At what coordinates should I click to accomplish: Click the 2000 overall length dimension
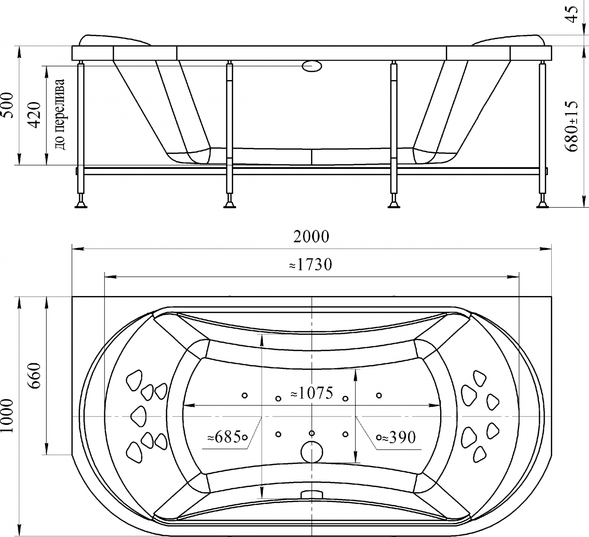[x=311, y=237]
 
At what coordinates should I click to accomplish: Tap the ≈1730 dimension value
[x=311, y=264]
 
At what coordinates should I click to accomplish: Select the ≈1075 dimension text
[x=312, y=393]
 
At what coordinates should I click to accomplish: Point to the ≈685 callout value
[x=224, y=437]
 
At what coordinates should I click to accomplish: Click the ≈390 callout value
[x=399, y=438]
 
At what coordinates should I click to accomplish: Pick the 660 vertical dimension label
[x=35, y=376]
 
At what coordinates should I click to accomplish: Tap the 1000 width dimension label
[x=7, y=416]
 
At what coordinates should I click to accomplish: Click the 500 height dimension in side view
[x=7, y=105]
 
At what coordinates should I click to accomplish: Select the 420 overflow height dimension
[x=35, y=115]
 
